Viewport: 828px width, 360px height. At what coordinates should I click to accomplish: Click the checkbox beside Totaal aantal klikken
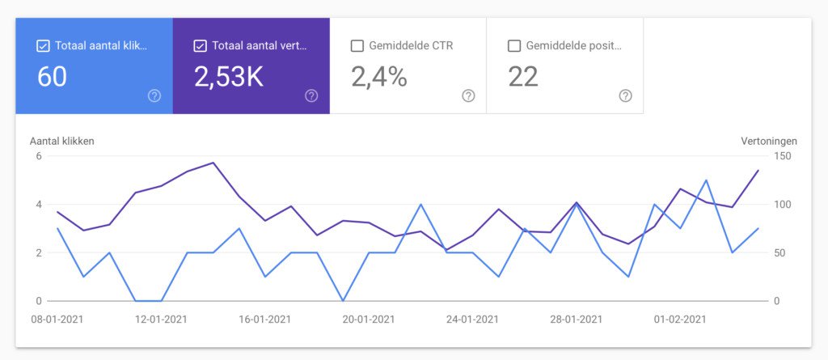(43, 46)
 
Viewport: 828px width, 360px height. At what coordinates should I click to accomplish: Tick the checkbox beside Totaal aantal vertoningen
(200, 46)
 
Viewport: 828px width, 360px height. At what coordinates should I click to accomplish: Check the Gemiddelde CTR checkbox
(357, 46)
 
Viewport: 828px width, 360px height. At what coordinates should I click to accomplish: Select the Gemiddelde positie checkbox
(513, 46)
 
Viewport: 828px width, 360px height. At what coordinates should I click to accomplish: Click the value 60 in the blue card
(53, 77)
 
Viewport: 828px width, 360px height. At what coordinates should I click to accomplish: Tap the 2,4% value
(378, 77)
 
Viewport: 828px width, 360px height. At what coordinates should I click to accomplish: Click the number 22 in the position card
(523, 77)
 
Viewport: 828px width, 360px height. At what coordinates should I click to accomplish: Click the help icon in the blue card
(154, 95)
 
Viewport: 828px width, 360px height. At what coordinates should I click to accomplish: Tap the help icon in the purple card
(311, 95)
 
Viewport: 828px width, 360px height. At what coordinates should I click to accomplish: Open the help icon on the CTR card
(468, 95)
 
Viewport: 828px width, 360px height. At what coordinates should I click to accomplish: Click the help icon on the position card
(625, 95)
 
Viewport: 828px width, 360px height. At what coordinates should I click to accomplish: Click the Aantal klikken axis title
(62, 141)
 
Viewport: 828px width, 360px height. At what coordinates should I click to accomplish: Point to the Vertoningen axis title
(768, 141)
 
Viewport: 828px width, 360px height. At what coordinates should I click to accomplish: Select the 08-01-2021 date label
(57, 320)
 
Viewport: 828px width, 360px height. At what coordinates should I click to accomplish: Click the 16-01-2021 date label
(264, 320)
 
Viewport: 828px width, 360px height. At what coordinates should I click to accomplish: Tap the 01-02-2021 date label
(680, 320)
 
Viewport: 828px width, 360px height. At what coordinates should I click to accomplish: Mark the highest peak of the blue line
(706, 180)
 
